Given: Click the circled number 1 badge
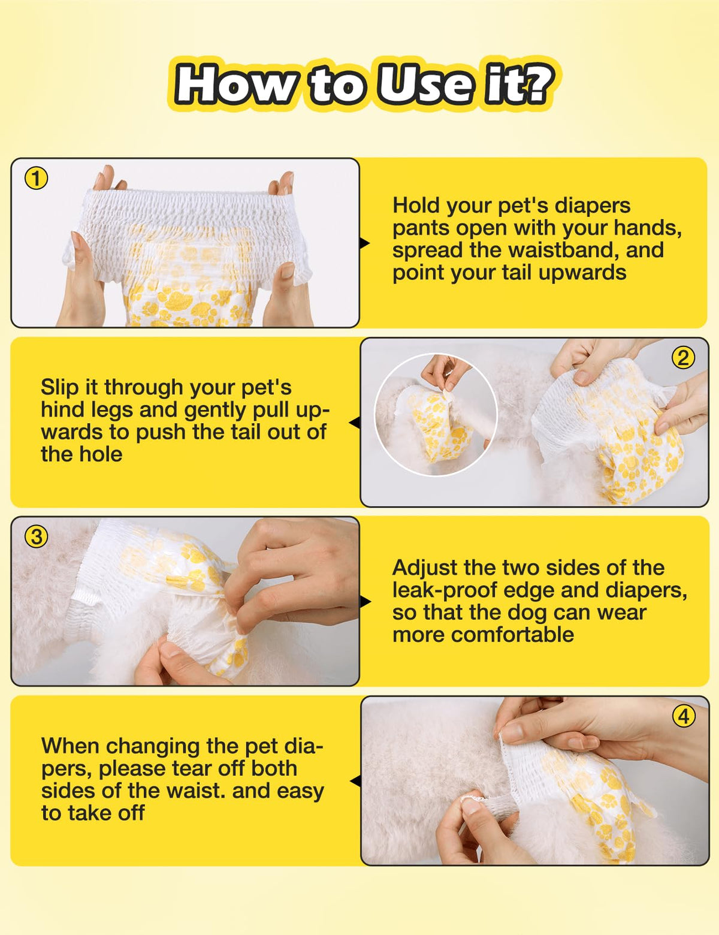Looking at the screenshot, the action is pos(37,179).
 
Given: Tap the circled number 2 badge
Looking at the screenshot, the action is pos(683,358).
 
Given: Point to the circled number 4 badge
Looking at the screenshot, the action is pos(684,717).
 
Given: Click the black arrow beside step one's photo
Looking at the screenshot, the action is pos(364,243).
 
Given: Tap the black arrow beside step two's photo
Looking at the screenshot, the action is pos(355,423).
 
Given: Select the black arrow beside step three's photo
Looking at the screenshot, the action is pos(365,602).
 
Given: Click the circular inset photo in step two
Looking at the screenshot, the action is pos(436,415).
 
